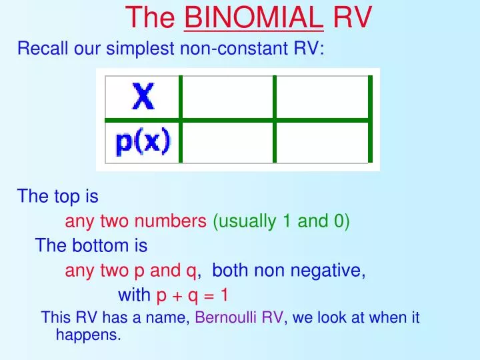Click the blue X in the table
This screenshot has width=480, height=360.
click(x=143, y=98)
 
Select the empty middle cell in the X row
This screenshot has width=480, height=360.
click(x=227, y=98)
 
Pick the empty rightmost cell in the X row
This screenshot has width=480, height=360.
click(x=321, y=98)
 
